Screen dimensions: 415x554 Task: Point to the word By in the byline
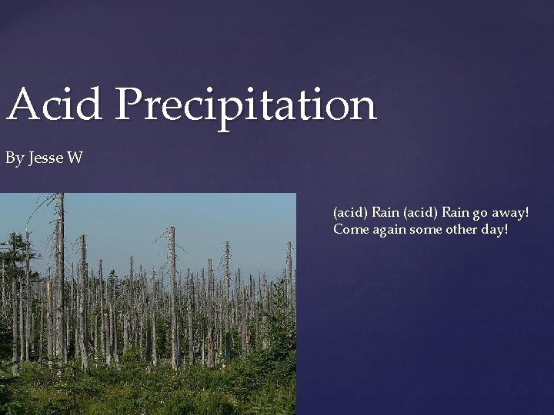pyautogui.click(x=15, y=160)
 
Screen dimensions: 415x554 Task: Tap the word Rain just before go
pyautogui.click(x=452, y=211)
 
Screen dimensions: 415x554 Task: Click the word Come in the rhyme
pyautogui.click(x=350, y=229)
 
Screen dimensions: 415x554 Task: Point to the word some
pyautogui.click(x=429, y=229)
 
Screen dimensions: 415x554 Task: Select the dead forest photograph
pyautogui.click(x=148, y=304)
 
